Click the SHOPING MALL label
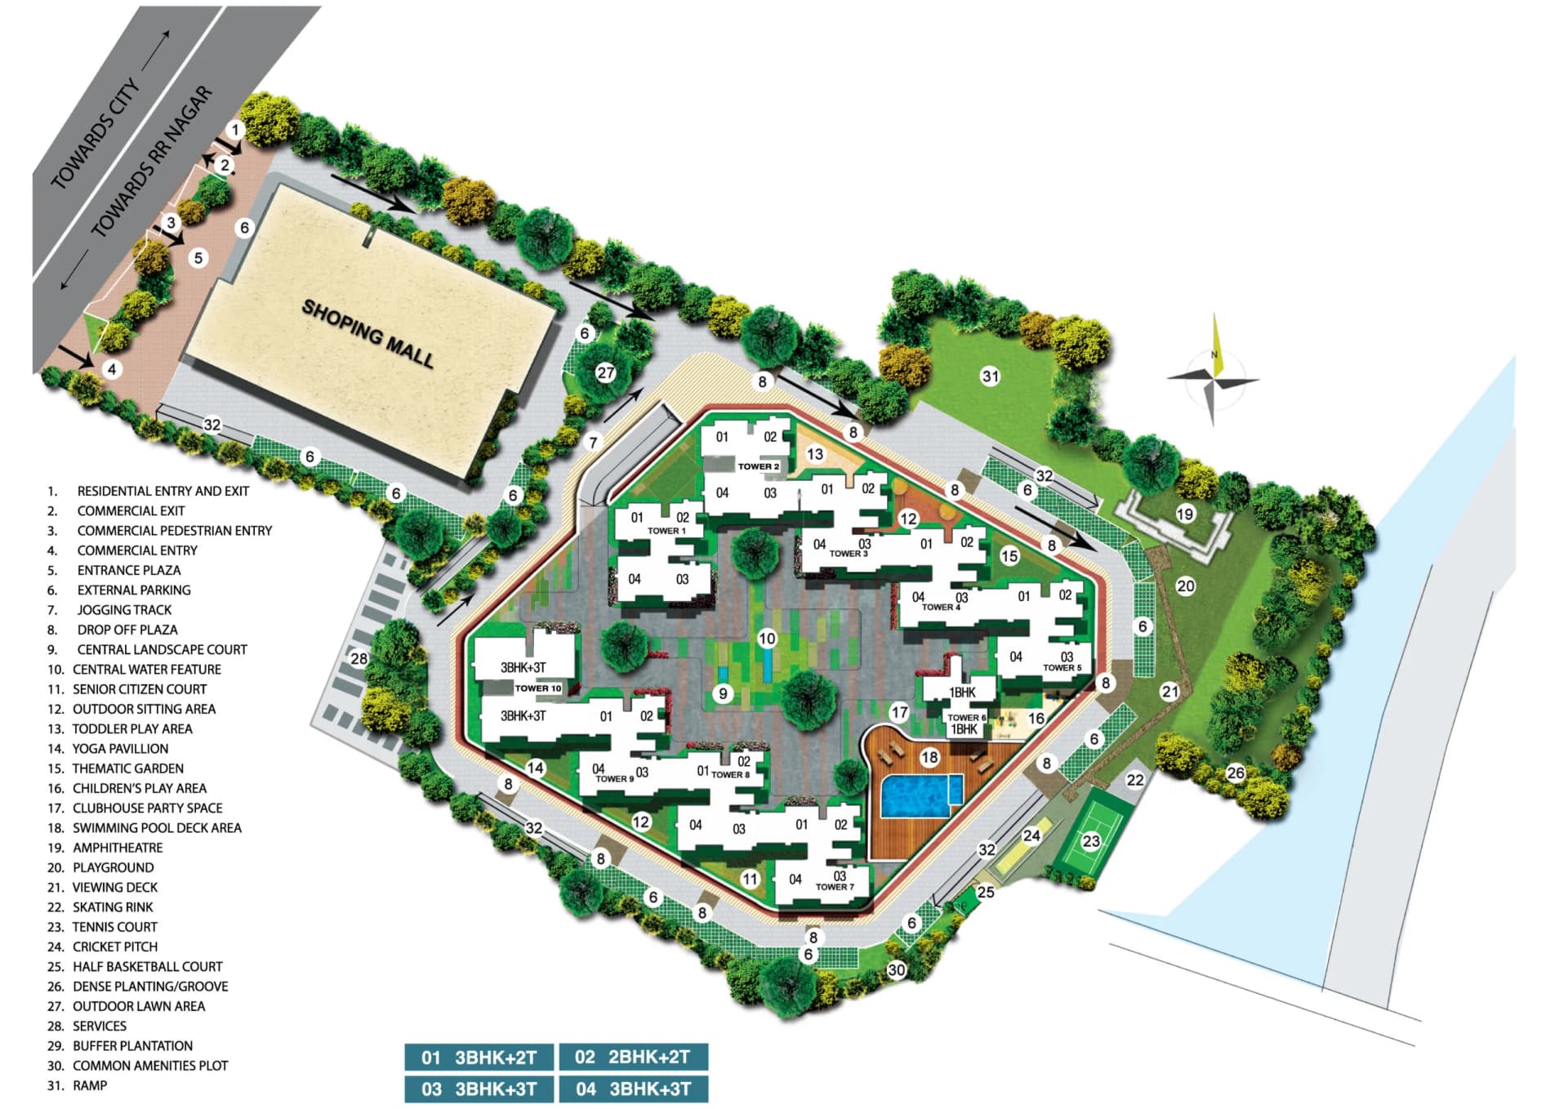click(367, 333)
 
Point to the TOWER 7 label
click(835, 887)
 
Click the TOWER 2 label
click(759, 466)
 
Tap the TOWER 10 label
click(538, 688)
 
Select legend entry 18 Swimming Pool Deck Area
click(145, 828)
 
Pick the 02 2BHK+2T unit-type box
click(633, 1057)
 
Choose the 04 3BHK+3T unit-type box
click(633, 1089)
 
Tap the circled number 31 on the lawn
click(991, 376)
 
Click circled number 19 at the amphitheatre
click(1185, 514)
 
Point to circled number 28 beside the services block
click(359, 658)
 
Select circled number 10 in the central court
click(766, 639)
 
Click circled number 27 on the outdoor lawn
click(605, 373)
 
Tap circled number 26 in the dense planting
click(1236, 773)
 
